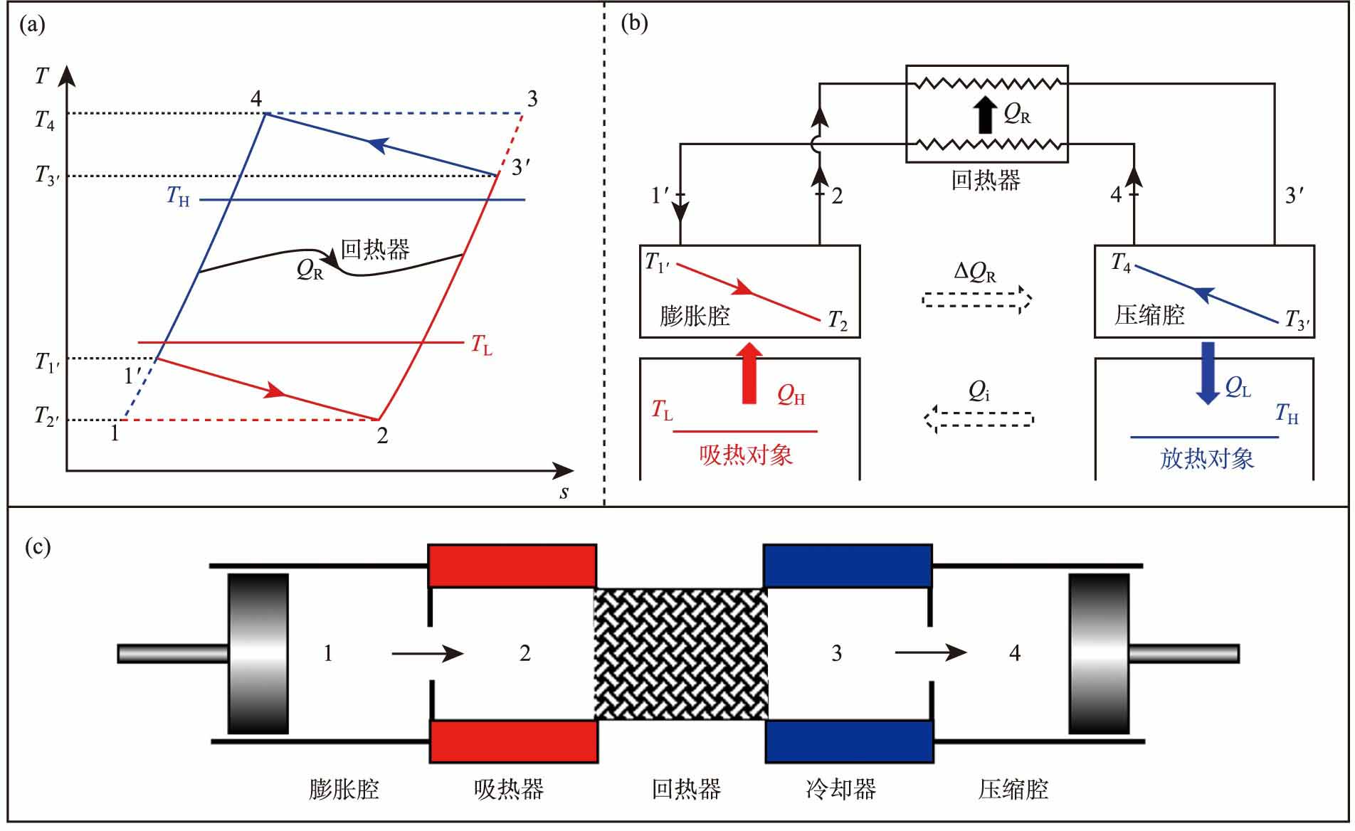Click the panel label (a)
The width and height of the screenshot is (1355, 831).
(x=33, y=26)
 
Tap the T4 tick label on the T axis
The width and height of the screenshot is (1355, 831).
(x=45, y=120)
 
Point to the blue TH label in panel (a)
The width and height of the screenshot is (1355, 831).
(x=178, y=196)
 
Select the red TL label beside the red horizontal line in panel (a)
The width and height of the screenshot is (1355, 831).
(x=482, y=345)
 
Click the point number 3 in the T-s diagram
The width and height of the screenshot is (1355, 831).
(x=532, y=99)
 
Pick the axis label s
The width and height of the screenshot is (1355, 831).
(x=564, y=492)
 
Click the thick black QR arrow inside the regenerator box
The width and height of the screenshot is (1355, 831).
(x=985, y=115)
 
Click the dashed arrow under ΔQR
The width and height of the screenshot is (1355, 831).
(x=976, y=300)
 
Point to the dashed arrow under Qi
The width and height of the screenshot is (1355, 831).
(x=979, y=418)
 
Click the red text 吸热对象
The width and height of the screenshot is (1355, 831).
(x=746, y=455)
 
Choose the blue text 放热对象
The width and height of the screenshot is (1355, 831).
(x=1207, y=458)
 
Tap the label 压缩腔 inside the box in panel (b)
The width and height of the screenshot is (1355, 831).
(x=1149, y=314)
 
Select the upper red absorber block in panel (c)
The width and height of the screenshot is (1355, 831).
(x=512, y=565)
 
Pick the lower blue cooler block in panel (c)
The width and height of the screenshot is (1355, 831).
(x=849, y=741)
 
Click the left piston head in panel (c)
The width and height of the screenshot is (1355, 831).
(x=258, y=653)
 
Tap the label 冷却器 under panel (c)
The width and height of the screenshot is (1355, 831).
(x=840, y=789)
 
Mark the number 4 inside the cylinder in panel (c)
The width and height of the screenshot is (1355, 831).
(x=1015, y=653)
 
